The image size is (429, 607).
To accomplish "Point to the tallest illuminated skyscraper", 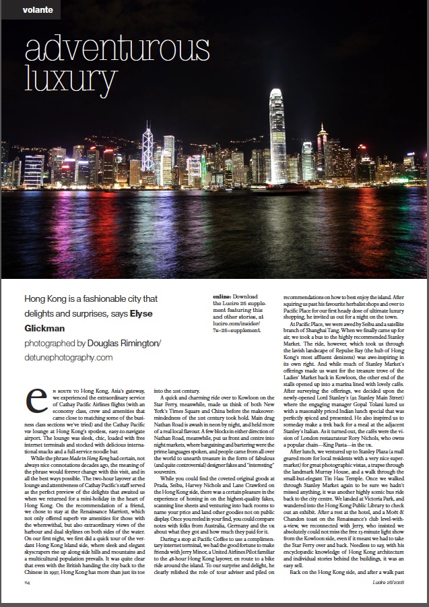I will tap(277, 135).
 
